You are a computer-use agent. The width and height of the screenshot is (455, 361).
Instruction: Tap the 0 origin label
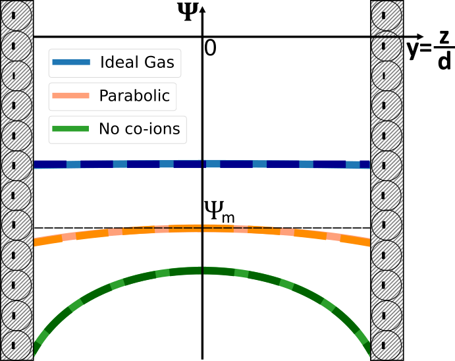point(210,48)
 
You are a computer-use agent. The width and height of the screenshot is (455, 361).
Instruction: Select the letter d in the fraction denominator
point(444,62)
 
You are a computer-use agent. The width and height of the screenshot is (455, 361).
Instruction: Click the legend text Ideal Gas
point(137,63)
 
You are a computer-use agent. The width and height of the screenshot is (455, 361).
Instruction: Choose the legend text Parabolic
point(134,96)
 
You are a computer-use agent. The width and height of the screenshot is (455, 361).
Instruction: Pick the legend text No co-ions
point(139,128)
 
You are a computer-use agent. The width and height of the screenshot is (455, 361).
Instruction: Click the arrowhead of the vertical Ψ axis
point(203,9)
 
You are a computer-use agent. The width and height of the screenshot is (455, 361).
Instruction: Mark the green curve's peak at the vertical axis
point(203,271)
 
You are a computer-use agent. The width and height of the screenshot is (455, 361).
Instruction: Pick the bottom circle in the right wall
point(387,344)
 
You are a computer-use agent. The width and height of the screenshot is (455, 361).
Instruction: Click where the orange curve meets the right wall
point(367,241)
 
